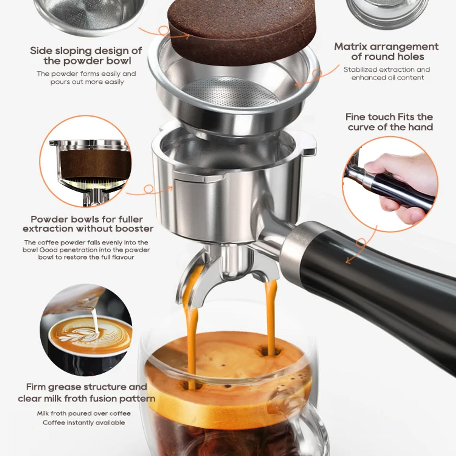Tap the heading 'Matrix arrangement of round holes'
point(386,51)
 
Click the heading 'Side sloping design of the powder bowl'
point(86,56)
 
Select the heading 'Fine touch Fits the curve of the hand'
point(389,122)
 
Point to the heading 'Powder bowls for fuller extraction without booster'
point(88,224)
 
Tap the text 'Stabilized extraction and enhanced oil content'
point(387,73)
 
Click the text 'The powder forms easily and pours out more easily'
point(86,78)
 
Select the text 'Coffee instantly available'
point(84,422)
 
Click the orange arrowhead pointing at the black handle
point(348,261)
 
